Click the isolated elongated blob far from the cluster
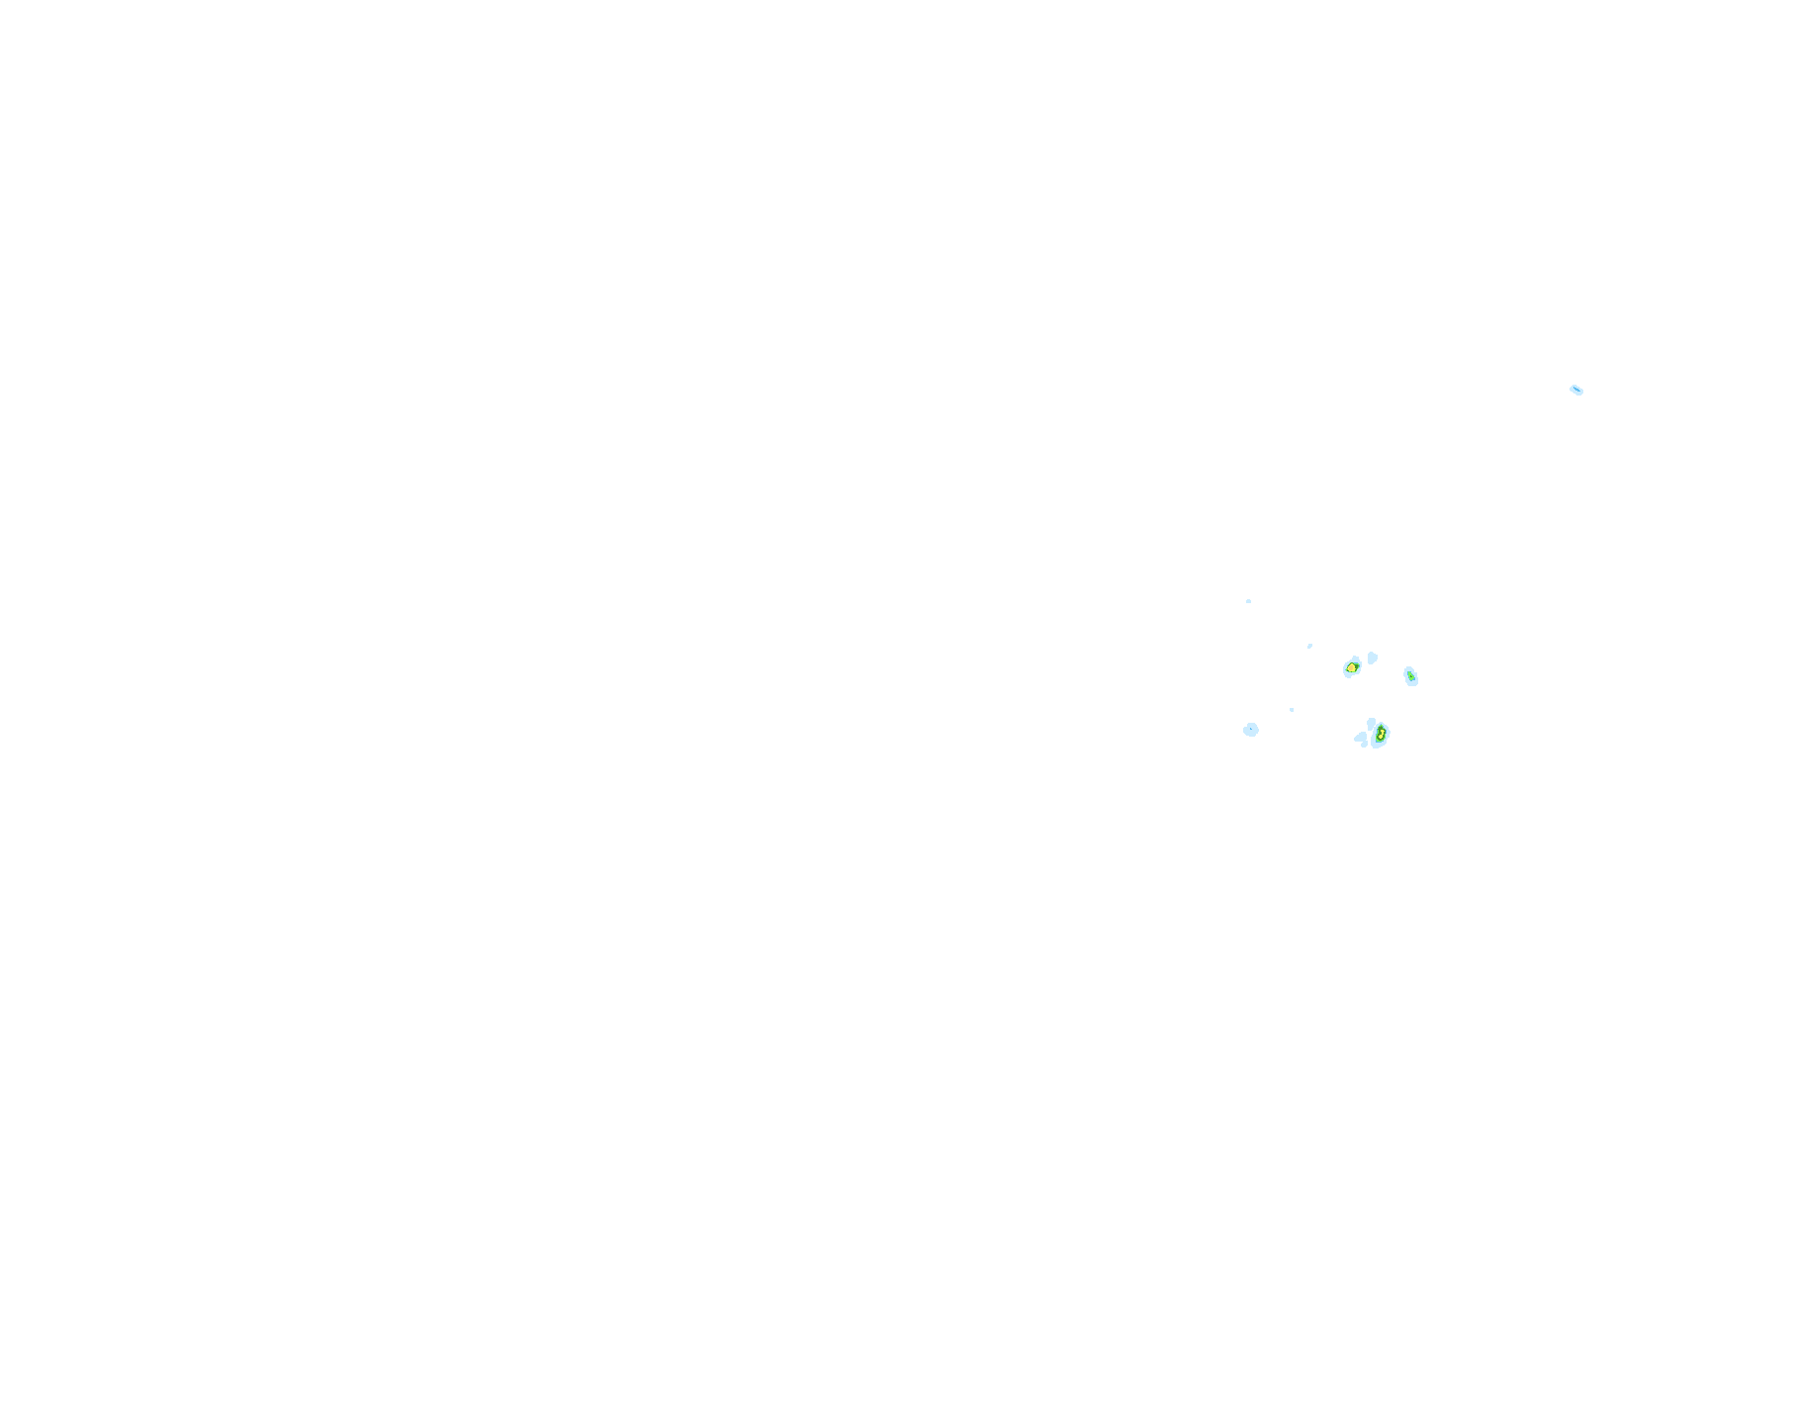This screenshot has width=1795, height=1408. [1576, 390]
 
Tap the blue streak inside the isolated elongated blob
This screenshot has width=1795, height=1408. [1575, 390]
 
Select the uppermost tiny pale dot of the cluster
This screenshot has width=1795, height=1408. [1248, 601]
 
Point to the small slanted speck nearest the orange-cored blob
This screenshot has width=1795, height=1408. [1309, 646]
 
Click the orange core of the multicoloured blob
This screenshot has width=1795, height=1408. [1351, 668]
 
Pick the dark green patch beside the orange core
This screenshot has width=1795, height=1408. [1356, 664]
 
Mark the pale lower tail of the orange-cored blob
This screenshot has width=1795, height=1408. [1349, 675]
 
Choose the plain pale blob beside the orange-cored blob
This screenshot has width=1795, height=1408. [1372, 658]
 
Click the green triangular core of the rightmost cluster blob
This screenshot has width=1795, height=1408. [1409, 676]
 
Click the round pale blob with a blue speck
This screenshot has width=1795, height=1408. [1251, 730]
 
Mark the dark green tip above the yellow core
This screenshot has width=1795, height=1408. [1382, 728]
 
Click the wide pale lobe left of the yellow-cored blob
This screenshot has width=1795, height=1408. [1361, 737]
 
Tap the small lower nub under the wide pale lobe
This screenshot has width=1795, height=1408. [1365, 745]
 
